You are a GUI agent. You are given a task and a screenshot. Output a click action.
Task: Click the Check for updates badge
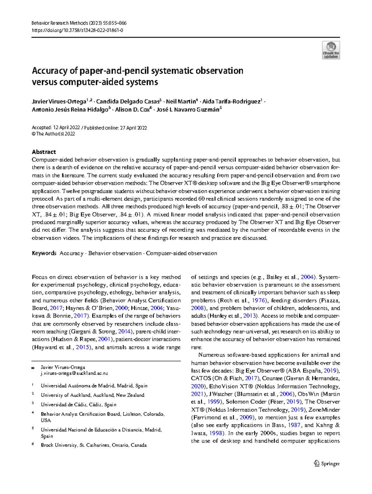tap(331, 50)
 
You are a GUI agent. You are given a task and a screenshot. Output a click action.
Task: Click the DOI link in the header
tap(77, 30)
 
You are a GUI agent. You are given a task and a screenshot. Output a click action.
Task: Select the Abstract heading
tap(44, 152)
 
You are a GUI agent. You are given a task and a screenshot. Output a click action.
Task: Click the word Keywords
tap(44, 253)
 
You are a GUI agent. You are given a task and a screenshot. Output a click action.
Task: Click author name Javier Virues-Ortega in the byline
tap(59, 102)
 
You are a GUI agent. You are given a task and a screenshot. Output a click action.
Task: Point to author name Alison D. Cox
tap(132, 110)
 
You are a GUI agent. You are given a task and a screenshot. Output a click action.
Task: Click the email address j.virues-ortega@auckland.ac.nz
tap(74, 373)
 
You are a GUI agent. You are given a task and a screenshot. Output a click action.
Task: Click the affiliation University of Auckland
tap(92, 395)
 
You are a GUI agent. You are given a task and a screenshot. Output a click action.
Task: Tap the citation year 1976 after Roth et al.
tap(258, 300)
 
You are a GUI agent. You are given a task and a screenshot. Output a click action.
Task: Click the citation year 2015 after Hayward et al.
tap(82, 347)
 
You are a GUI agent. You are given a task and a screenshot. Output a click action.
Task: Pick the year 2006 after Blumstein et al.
tap(286, 394)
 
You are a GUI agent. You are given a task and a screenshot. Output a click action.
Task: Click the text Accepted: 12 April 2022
tap(56, 128)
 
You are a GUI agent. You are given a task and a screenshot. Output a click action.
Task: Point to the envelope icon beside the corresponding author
tap(33, 367)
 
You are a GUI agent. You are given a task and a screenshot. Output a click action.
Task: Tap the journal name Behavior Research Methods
tap(60, 23)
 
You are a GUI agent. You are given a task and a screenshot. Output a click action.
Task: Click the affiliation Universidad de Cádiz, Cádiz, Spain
tap(78, 405)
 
